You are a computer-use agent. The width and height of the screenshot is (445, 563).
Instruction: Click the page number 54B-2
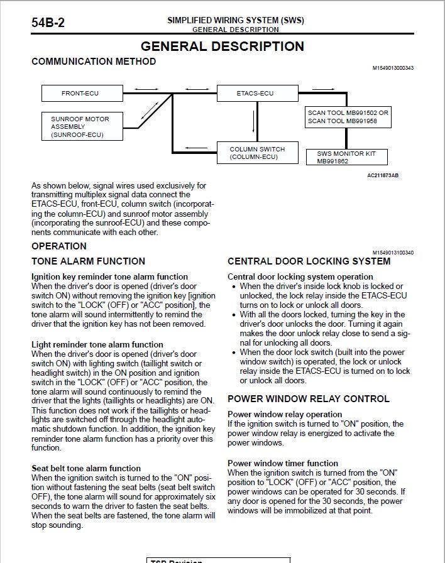click(48, 23)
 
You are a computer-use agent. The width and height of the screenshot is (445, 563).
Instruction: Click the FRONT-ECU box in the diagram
click(80, 94)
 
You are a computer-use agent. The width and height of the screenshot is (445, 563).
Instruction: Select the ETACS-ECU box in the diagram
click(255, 94)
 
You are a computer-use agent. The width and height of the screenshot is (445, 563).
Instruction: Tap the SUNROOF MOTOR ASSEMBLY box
click(80, 126)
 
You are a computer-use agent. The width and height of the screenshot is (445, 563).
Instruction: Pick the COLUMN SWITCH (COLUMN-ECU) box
click(257, 153)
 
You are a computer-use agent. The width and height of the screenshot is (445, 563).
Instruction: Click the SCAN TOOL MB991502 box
click(348, 116)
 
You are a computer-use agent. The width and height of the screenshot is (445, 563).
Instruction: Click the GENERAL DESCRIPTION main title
click(222, 46)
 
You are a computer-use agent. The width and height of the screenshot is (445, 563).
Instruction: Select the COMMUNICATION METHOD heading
click(94, 62)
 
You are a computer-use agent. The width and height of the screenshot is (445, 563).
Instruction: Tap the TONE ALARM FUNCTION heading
click(88, 261)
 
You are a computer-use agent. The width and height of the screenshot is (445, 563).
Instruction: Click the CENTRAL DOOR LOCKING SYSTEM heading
click(309, 261)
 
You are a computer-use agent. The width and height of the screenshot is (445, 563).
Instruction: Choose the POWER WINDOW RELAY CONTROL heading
click(308, 398)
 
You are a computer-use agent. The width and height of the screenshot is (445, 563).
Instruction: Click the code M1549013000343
click(393, 68)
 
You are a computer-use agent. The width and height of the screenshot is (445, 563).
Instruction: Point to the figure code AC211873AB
click(383, 175)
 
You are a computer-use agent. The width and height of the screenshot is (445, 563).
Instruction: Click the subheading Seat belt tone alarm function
click(86, 468)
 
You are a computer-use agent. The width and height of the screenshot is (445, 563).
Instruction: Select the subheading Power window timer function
click(283, 463)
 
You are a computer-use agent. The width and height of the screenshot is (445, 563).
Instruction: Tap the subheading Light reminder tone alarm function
click(97, 344)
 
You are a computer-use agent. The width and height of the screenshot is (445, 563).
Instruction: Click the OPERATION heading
click(59, 246)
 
